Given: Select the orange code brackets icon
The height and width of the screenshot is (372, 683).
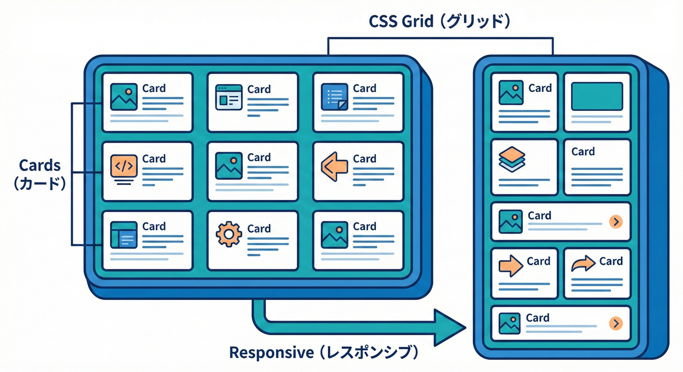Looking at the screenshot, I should (x=124, y=167).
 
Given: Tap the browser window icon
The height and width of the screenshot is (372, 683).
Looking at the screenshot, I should (x=228, y=97).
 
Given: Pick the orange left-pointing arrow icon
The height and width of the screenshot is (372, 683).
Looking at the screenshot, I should (x=335, y=166).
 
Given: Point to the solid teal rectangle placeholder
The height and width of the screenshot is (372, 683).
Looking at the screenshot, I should (x=597, y=96).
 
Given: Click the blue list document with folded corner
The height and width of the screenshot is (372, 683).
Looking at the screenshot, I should (x=335, y=97).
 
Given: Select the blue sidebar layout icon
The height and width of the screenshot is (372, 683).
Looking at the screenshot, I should (x=124, y=235).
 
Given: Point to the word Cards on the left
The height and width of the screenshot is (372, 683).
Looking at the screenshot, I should (x=40, y=165).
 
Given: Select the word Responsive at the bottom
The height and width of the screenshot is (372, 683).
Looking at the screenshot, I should (x=271, y=353).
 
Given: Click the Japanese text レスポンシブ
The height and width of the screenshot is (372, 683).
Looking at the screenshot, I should (x=370, y=353).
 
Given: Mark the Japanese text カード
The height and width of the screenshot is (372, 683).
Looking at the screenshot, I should (x=40, y=184).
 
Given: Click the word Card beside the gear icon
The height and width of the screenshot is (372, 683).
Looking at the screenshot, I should (x=259, y=228).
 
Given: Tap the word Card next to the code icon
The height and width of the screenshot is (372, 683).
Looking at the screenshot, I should (x=154, y=158).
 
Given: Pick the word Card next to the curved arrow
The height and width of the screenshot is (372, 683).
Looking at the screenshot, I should (x=611, y=261).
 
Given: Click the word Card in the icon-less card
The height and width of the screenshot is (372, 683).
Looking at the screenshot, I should (x=583, y=152).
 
